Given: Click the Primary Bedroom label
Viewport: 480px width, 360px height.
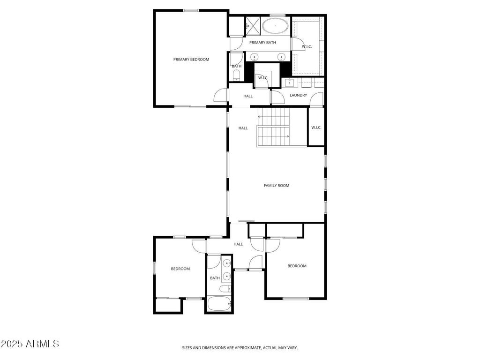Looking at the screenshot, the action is pyautogui.click(x=191, y=60).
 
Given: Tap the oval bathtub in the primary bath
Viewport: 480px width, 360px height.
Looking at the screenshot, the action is pyautogui.click(x=275, y=26).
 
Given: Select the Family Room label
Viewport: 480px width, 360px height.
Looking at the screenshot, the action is pyautogui.click(x=277, y=186).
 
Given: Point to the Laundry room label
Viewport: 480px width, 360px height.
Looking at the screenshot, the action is pyautogui.click(x=298, y=95).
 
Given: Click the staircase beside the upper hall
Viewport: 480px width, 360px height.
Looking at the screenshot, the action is pyautogui.click(x=273, y=127).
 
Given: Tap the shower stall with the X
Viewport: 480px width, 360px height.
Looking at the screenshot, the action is pyautogui.click(x=253, y=25).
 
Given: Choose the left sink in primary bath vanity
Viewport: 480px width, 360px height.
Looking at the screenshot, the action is pyautogui.click(x=255, y=57).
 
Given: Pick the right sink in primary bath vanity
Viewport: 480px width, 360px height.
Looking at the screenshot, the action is pyautogui.click(x=281, y=57).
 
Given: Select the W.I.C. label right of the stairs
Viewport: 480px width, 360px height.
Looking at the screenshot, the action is pyautogui.click(x=316, y=127).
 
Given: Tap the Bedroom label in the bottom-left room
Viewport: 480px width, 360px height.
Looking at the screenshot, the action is pyautogui.click(x=180, y=269).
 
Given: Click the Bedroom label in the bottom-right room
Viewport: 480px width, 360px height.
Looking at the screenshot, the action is pyautogui.click(x=297, y=266).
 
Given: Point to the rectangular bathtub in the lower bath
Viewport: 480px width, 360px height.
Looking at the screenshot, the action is pyautogui.click(x=219, y=304).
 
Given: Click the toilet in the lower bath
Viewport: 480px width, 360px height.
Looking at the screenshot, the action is pyautogui.click(x=225, y=289).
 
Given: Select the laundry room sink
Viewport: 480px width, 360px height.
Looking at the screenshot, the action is pyautogui.click(x=289, y=82).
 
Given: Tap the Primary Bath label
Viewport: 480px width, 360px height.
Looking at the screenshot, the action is pyautogui.click(x=262, y=43).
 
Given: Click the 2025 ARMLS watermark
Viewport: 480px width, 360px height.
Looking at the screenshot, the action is pyautogui.click(x=30, y=344).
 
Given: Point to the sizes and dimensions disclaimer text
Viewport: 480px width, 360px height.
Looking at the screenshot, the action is pyautogui.click(x=240, y=348).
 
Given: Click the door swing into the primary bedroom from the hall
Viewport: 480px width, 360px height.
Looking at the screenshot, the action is pyautogui.click(x=220, y=95).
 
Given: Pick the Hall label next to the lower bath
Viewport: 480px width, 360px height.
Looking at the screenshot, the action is pyautogui.click(x=238, y=244).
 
